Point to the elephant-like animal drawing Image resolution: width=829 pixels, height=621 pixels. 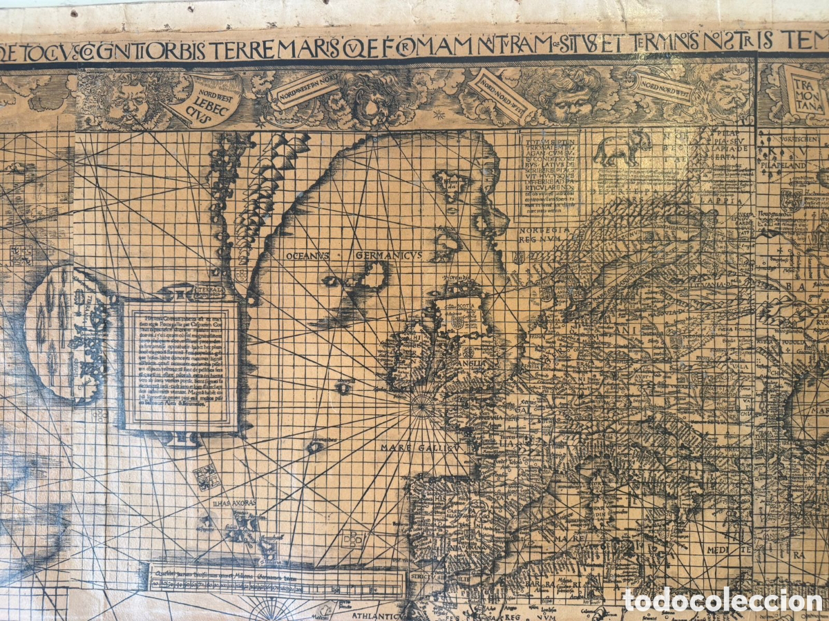pyautogui.click(x=622, y=147)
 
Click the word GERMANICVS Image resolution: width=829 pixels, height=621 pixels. pyautogui.click(x=388, y=255)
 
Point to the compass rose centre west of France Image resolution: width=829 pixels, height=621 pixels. pyautogui.click(x=422, y=408)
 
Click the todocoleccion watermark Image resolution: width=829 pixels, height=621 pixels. pyautogui.click(x=723, y=600)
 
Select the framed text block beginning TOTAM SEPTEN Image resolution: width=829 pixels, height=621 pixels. pyautogui.click(x=549, y=172)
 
